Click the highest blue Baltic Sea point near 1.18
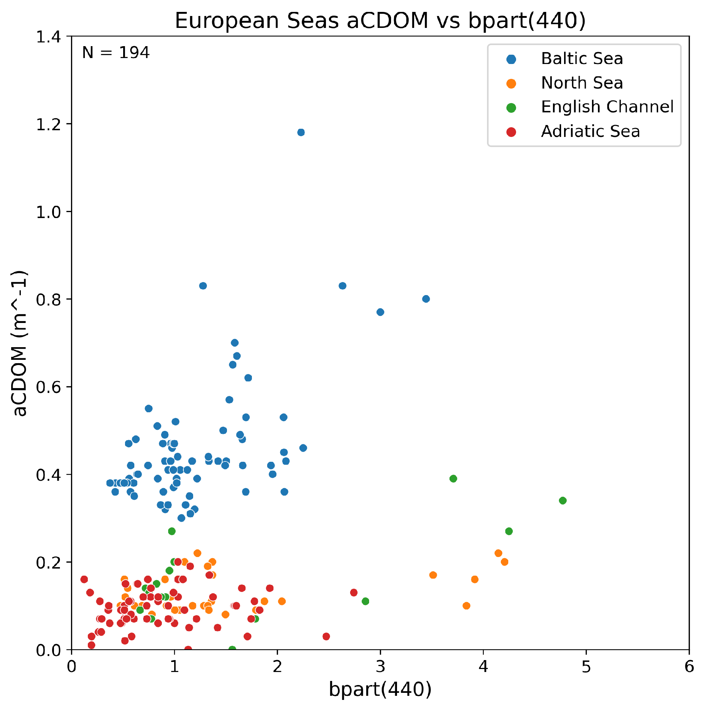(301, 132)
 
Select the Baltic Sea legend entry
(582, 59)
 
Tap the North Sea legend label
(582, 83)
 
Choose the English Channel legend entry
(607, 107)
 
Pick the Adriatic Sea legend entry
(590, 131)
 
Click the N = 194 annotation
(116, 53)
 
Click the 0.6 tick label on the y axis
(48, 387)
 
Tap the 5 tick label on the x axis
(586, 667)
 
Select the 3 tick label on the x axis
(380, 667)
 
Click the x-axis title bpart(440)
(380, 689)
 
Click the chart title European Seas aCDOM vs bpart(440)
(380, 20)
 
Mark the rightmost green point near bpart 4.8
(563, 500)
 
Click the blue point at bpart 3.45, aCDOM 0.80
(426, 299)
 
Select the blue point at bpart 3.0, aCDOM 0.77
(380, 312)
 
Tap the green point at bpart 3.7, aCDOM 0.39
(453, 479)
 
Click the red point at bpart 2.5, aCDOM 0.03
(326, 636)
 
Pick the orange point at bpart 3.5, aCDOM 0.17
(433, 575)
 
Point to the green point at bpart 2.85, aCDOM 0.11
(365, 601)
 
